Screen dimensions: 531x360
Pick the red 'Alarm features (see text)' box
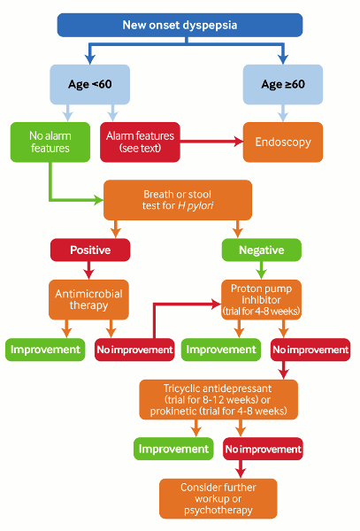[x=142, y=141]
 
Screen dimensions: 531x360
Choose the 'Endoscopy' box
[x=282, y=141]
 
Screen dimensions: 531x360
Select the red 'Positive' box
[x=89, y=250]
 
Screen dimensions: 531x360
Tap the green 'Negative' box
[x=261, y=250]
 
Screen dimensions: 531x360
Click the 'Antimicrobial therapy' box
[x=89, y=298]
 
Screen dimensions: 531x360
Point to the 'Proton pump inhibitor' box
[x=261, y=299]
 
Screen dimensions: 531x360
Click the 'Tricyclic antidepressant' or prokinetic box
[x=218, y=400]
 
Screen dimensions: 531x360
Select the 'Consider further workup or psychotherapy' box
[x=218, y=498]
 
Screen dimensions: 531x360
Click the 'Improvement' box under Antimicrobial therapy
[x=44, y=350]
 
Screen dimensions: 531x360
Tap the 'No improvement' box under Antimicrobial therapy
[x=134, y=350]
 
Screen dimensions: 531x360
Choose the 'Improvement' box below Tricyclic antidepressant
[x=172, y=449]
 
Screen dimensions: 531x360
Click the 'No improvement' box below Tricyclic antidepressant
[x=263, y=449]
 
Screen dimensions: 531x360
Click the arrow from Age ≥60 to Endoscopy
[x=282, y=112]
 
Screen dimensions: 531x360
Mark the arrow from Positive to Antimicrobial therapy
[x=89, y=270]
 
